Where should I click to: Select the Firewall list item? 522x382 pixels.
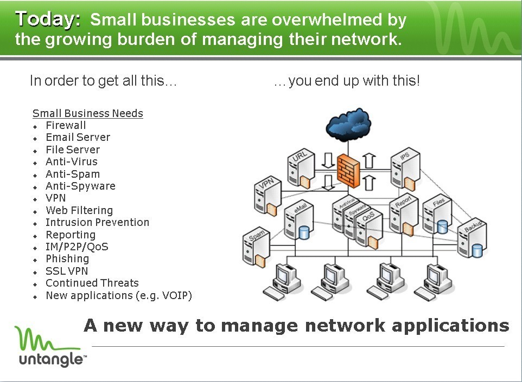(x=66, y=125)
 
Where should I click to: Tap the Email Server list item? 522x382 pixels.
(x=78, y=137)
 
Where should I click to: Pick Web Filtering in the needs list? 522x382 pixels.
(x=79, y=210)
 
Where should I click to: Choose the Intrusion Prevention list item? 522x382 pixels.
(x=97, y=222)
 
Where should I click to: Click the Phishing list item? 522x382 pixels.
(x=67, y=258)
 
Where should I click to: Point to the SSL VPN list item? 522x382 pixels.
(x=67, y=271)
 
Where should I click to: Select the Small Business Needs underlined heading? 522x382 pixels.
(x=88, y=113)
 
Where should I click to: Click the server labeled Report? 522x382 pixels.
(x=403, y=214)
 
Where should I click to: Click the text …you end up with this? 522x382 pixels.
(x=347, y=81)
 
